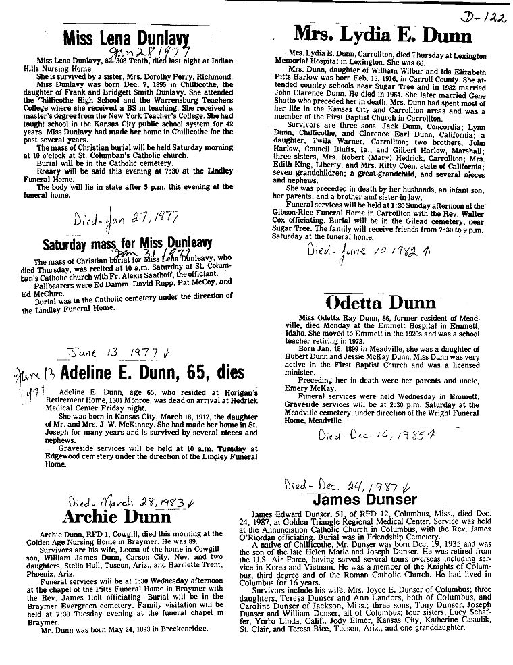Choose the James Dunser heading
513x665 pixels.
[365, 500]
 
